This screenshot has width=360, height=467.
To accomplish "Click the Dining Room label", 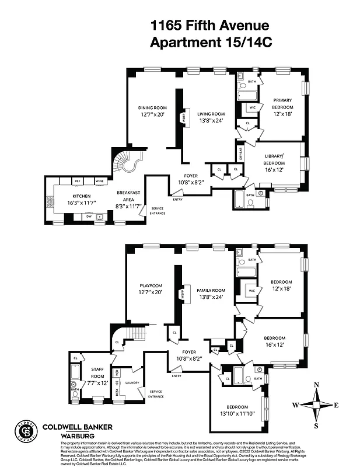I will pyautogui.click(x=152, y=108).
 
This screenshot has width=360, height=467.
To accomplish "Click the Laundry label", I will pyautogui.click(x=132, y=382).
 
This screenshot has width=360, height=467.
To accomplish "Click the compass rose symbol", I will pyautogui.click(x=317, y=405).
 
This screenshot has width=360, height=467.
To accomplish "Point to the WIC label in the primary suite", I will pyautogui.click(x=252, y=107).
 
